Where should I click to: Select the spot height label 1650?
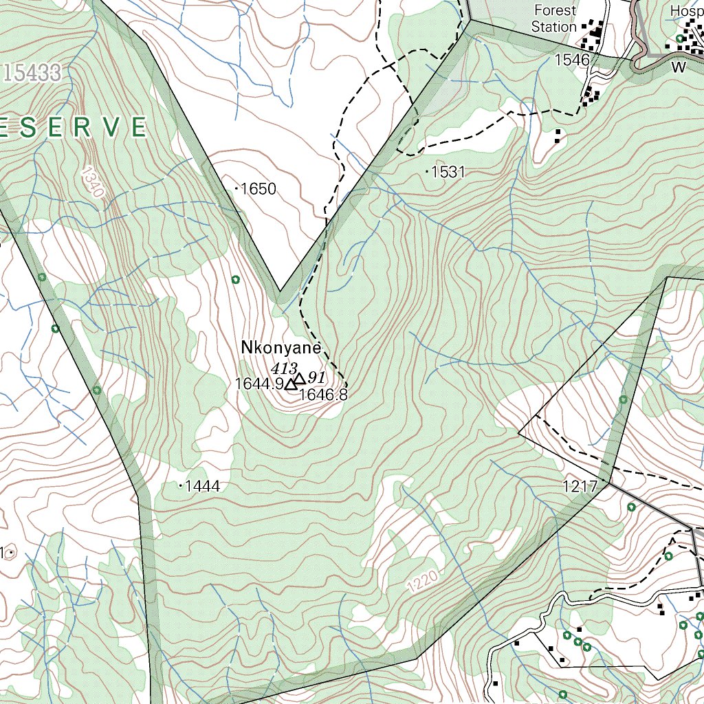[x=258, y=189]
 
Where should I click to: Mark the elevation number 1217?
[x=580, y=487]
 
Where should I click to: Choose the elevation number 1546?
[x=572, y=60]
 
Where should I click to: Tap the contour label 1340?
[x=92, y=181]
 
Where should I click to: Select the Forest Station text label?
[x=554, y=19]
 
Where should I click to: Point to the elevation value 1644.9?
[x=259, y=384]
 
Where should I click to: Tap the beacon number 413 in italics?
[x=283, y=368]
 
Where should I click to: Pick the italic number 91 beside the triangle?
[x=316, y=377]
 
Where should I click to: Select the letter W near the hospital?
[x=679, y=67]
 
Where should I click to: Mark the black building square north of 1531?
[x=558, y=135]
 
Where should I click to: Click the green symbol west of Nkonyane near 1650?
[x=236, y=279]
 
